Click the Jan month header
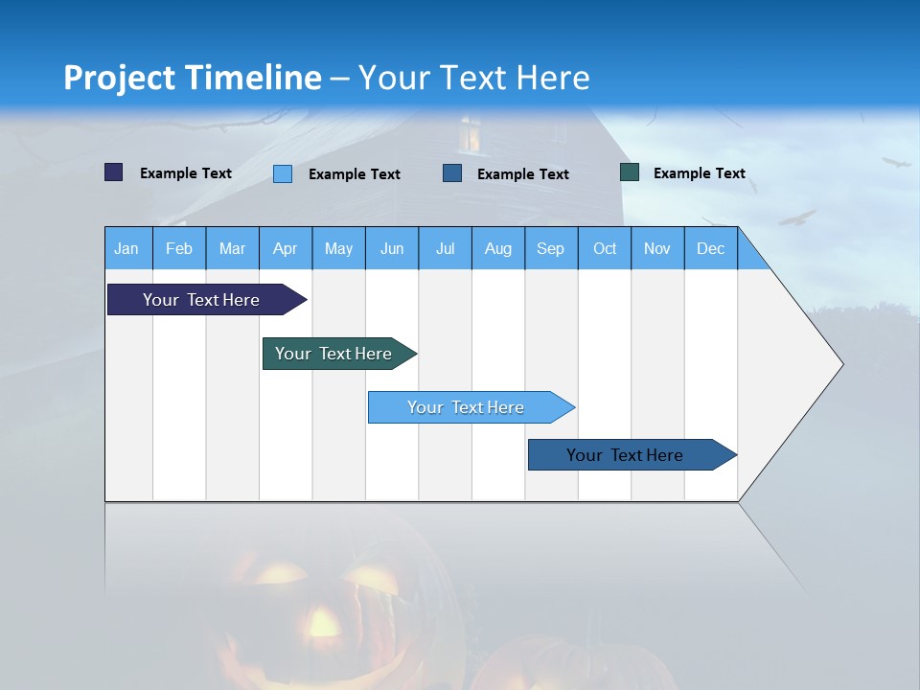[x=126, y=248]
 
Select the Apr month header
[x=285, y=248]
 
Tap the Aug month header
[x=497, y=248]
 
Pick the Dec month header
[x=710, y=248]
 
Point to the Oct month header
[x=604, y=248]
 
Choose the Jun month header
[x=391, y=248]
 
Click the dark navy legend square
[x=113, y=172]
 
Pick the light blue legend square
[x=282, y=173]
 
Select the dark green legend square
[x=629, y=172]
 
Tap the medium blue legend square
[x=451, y=173]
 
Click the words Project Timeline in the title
[x=192, y=77]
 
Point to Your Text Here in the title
[x=473, y=77]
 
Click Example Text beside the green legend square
[x=699, y=172]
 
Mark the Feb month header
[x=178, y=248]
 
